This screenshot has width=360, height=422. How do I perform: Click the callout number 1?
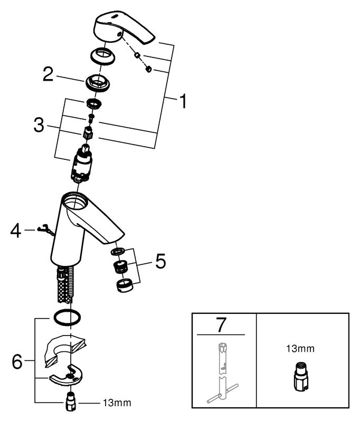183,101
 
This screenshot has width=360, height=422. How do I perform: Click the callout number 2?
49,74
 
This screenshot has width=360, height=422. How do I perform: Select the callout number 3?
39,125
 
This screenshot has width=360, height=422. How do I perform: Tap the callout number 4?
15,231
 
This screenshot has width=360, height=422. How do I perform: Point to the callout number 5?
161,261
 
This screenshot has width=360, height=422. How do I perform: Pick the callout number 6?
17,361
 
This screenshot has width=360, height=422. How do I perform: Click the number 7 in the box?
221,325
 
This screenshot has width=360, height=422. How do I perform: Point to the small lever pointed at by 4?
46,231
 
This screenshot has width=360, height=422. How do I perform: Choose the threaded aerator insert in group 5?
121,266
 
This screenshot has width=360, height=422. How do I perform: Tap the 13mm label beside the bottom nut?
117,403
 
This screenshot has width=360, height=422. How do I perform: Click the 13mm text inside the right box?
300,349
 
